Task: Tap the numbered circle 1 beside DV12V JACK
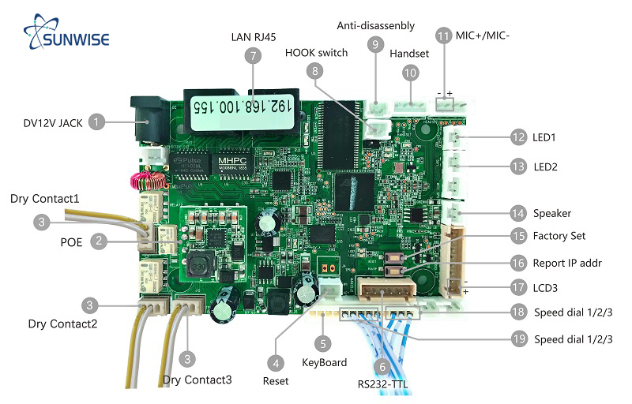[x=96, y=122]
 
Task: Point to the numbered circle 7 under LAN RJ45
[x=253, y=56]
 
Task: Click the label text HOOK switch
[x=316, y=54]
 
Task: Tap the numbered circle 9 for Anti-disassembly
[x=375, y=45]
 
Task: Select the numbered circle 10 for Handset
[x=410, y=73]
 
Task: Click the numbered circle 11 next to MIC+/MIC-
[x=444, y=36]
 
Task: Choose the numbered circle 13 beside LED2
[x=518, y=166]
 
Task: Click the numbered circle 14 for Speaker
[x=518, y=213]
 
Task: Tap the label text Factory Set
[x=559, y=236]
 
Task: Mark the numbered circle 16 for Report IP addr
[x=518, y=263]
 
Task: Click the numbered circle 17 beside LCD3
[x=518, y=288]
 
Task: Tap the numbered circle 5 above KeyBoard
[x=322, y=342]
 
